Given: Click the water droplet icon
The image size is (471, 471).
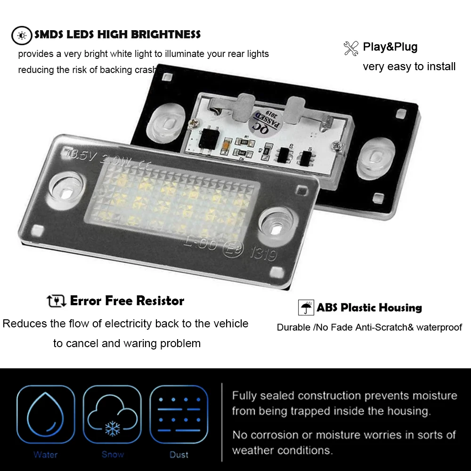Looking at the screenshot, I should tap(46, 414).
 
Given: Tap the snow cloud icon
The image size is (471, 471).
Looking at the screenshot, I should tap(112, 414).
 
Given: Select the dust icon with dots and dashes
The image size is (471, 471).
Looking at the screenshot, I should tap(179, 414).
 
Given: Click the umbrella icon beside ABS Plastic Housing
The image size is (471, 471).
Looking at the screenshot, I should tap(306, 308).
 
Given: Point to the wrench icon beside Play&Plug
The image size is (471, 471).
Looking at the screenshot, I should tap(351, 48).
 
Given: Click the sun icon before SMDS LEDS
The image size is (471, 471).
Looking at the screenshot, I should tap(21, 34).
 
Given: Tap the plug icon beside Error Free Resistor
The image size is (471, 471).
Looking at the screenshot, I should tap(57, 301).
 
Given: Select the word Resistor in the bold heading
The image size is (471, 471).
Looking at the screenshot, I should tap(160, 300).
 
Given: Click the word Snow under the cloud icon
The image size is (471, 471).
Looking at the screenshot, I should tap(112, 455).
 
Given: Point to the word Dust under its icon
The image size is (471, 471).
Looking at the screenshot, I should tap(179, 455).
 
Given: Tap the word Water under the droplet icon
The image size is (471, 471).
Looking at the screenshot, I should tap(46, 455).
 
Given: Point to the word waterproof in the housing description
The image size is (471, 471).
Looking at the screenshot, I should tap(438, 327).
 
